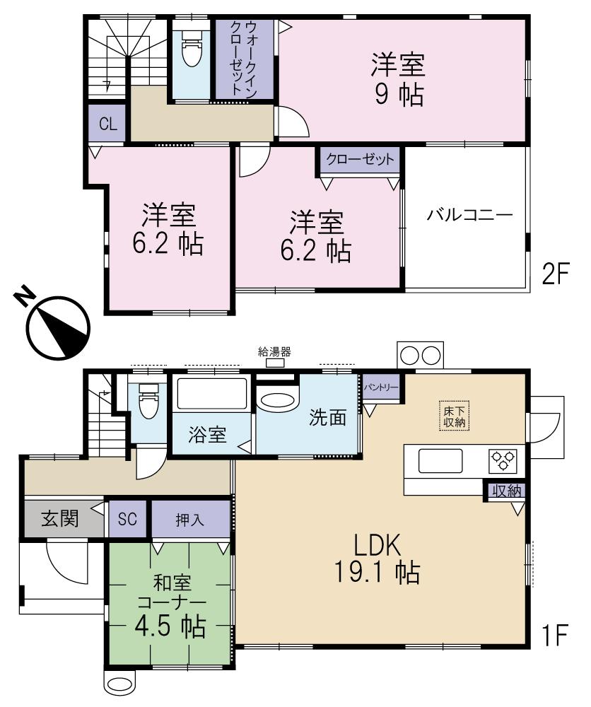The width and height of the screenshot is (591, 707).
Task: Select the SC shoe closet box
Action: click(128, 519)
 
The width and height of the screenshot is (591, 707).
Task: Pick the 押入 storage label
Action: click(189, 519)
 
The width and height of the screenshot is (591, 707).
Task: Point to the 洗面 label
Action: click(327, 418)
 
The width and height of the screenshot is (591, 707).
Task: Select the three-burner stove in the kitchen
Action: click(503, 461)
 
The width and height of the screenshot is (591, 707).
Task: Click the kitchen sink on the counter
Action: click(440, 461)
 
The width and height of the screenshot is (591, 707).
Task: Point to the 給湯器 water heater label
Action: click(274, 351)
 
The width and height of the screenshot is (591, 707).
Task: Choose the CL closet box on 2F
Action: click(107, 124)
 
